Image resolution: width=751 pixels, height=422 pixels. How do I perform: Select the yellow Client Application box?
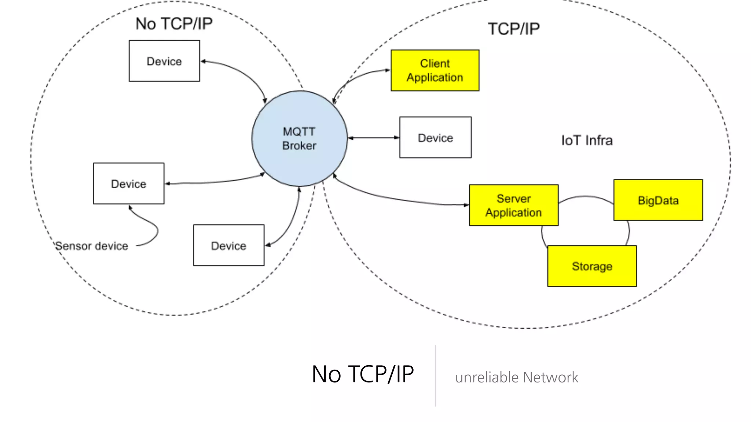pyautogui.click(x=435, y=70)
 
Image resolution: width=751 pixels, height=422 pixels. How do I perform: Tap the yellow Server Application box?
pyautogui.click(x=513, y=205)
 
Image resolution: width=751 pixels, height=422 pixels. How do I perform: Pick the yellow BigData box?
pyautogui.click(x=658, y=200)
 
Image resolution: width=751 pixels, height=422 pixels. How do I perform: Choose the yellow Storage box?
pyautogui.click(x=592, y=266)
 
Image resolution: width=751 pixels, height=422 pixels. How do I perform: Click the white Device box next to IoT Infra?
pyautogui.click(x=435, y=137)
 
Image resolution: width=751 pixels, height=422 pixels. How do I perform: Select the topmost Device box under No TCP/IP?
pyautogui.click(x=164, y=61)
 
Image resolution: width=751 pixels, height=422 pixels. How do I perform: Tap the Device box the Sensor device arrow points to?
pyautogui.click(x=128, y=183)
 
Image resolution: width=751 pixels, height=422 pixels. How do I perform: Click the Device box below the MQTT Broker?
pyautogui.click(x=228, y=245)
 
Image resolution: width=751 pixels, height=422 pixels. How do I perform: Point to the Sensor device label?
pyautogui.click(x=92, y=246)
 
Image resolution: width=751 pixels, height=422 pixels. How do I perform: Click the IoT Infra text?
pyautogui.click(x=587, y=140)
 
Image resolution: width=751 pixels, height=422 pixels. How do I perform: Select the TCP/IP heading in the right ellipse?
pyautogui.click(x=513, y=29)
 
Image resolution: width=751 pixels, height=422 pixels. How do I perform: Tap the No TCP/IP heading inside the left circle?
pyautogui.click(x=174, y=23)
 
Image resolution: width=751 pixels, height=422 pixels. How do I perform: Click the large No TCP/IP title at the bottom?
pyautogui.click(x=362, y=374)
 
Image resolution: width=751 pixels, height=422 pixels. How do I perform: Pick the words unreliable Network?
pyautogui.click(x=516, y=377)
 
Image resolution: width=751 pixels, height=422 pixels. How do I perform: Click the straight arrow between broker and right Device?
pyautogui.click(x=373, y=138)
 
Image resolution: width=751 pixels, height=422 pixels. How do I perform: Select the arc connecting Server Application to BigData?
pyautogui.click(x=586, y=197)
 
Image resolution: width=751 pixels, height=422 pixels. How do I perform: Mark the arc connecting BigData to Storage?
pyautogui.click(x=629, y=232)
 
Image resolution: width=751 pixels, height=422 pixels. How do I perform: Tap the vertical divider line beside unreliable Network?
pyautogui.click(x=436, y=375)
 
